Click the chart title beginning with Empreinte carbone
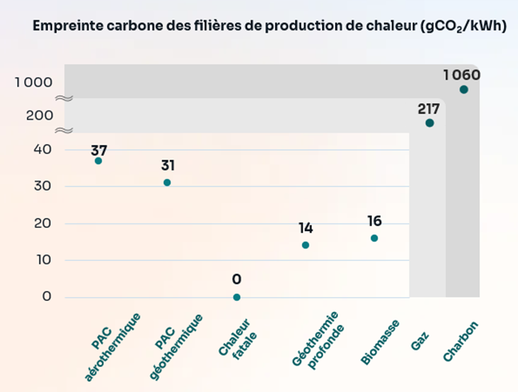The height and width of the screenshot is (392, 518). pyautogui.click(x=269, y=27)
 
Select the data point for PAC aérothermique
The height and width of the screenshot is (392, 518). pyautogui.click(x=98, y=161)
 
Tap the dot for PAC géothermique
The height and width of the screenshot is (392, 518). pyautogui.click(x=167, y=183)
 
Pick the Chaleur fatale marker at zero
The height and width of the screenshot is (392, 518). pyautogui.click(x=236, y=297)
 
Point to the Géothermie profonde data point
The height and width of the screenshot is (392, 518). pyautogui.click(x=306, y=245)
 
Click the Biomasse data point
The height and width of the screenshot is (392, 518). pyautogui.click(x=374, y=238)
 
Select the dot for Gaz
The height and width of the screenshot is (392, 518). pyautogui.click(x=429, y=123)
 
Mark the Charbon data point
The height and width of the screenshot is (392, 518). pyautogui.click(x=464, y=89)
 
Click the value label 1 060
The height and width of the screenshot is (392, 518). pyautogui.click(x=462, y=75)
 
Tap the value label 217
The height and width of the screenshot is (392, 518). pyautogui.click(x=429, y=109)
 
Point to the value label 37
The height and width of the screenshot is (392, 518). pyautogui.click(x=99, y=150)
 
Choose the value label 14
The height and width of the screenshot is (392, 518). pyautogui.click(x=306, y=228)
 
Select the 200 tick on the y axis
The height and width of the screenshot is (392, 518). pyautogui.click(x=40, y=115)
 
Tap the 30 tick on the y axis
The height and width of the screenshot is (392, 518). pyautogui.click(x=42, y=186)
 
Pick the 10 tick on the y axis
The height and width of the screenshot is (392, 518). pyautogui.click(x=42, y=260)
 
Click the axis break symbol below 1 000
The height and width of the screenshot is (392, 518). pyautogui.click(x=64, y=99)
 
